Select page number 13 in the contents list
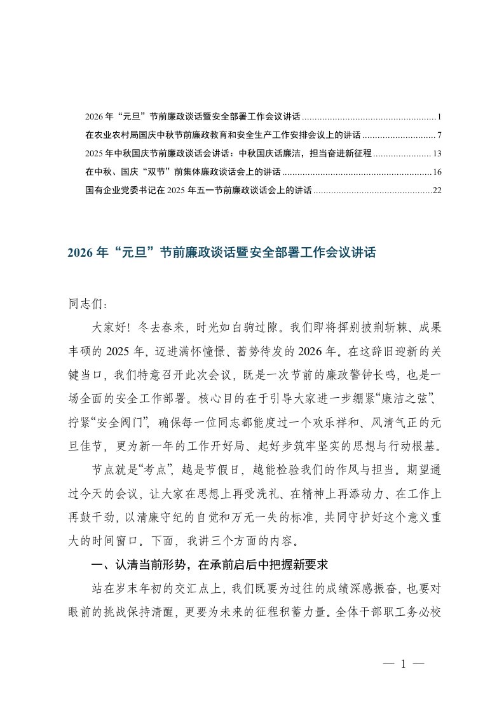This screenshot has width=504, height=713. coord(437,154)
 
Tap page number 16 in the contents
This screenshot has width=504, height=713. coord(437,172)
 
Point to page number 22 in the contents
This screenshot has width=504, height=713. coord(437,190)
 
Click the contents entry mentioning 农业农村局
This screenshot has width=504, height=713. coord(222,136)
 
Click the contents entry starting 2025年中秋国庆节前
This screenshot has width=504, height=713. coord(228,154)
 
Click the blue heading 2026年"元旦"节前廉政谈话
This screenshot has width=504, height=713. coord(222,253)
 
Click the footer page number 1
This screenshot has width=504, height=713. coord(403,664)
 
